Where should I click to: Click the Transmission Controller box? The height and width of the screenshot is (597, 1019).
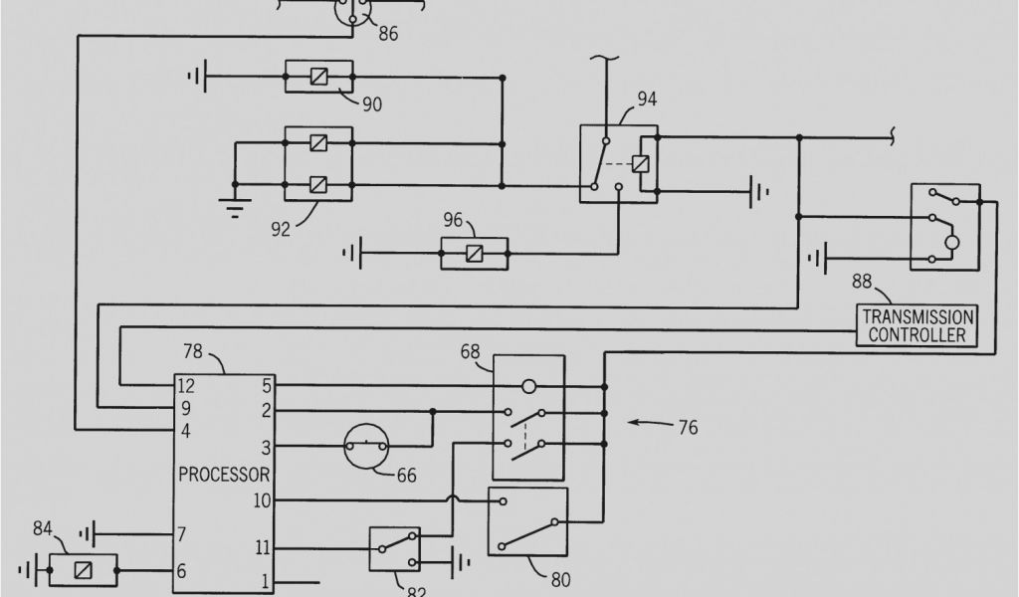click(917, 325)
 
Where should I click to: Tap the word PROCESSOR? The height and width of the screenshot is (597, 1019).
click(224, 474)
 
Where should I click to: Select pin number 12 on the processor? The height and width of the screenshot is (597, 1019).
click(186, 385)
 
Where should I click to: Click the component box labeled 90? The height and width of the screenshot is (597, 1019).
click(318, 77)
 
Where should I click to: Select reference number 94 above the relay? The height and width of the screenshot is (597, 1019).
click(646, 99)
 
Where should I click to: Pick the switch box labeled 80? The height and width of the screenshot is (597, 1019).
click(527, 520)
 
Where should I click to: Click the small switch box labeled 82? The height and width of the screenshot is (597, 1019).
click(394, 548)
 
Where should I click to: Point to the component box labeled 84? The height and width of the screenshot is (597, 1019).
click(84, 570)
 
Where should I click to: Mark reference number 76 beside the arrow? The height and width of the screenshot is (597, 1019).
click(688, 428)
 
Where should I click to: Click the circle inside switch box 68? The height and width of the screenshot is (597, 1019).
click(529, 385)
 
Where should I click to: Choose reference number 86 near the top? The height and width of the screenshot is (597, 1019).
click(388, 33)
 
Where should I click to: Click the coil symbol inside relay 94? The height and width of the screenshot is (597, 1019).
click(641, 165)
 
